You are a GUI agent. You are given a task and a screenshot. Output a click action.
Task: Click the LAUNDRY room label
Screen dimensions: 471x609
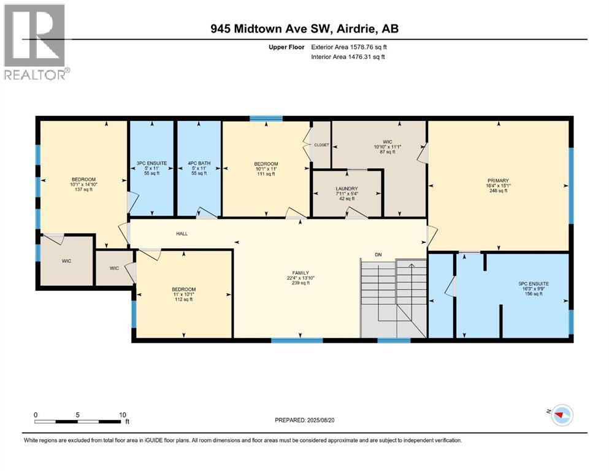tap(347, 188)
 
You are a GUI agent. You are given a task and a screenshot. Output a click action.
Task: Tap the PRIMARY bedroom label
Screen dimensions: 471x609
tap(498, 180)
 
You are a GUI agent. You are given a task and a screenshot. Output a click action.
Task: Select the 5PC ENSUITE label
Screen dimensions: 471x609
tap(533, 283)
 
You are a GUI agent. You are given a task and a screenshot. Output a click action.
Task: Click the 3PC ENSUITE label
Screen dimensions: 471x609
tap(150, 163)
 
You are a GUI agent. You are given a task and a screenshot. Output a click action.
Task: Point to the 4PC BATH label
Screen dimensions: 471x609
tap(199, 163)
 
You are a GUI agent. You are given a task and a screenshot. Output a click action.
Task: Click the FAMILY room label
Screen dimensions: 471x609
tap(300, 272)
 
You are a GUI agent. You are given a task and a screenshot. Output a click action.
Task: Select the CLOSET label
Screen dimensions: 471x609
tap(321, 145)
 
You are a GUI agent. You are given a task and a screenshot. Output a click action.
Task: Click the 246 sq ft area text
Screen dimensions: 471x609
tap(498, 191)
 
